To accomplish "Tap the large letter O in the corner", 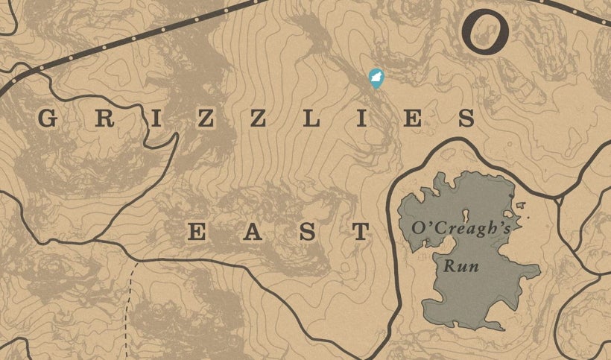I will point(484,31).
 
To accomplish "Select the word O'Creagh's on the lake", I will point(455,228).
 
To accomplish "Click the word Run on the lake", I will point(461,266).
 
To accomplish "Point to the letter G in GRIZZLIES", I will point(48,118).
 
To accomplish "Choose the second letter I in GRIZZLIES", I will point(361,118).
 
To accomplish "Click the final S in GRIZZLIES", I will point(466,118).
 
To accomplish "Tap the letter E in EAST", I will point(196,232).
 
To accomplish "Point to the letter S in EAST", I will point(307,232).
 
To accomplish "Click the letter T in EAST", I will point(361,232).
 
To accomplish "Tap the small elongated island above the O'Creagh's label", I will point(466,215).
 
